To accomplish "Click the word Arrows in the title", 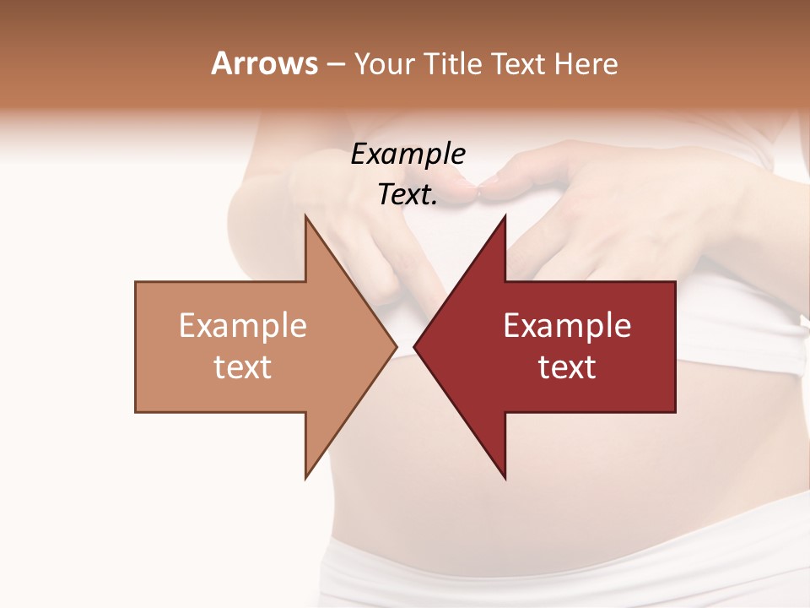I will [x=264, y=63].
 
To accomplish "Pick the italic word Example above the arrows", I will [x=408, y=154].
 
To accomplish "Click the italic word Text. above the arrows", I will [x=408, y=194].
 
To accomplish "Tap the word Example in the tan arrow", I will [x=243, y=325].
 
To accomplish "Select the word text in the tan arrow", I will [x=243, y=366].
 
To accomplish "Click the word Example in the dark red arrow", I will [x=567, y=325].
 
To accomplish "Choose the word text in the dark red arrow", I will [x=567, y=366].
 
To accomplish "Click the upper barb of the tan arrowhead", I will [x=307, y=221].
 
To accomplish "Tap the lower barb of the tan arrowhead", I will [x=307, y=473].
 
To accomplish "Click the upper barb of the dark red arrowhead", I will [x=504, y=221].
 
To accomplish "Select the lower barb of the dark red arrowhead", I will [x=504, y=473].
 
